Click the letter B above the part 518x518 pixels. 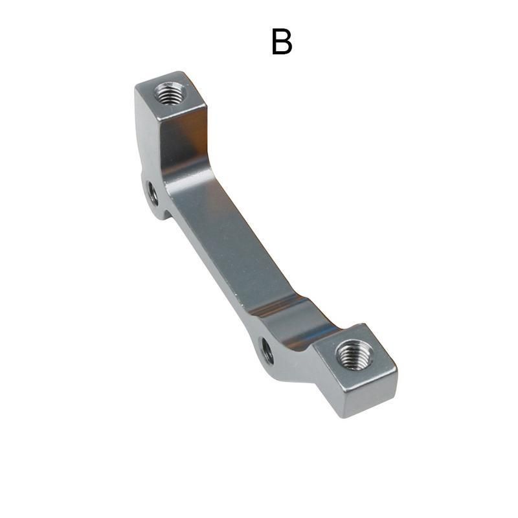tap(282, 41)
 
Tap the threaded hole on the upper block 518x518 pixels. tap(170, 93)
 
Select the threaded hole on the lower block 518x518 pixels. tap(353, 355)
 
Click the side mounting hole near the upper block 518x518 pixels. tap(153, 194)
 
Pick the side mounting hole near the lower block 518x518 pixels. tap(267, 351)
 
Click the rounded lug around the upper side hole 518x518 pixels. tap(153, 195)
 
